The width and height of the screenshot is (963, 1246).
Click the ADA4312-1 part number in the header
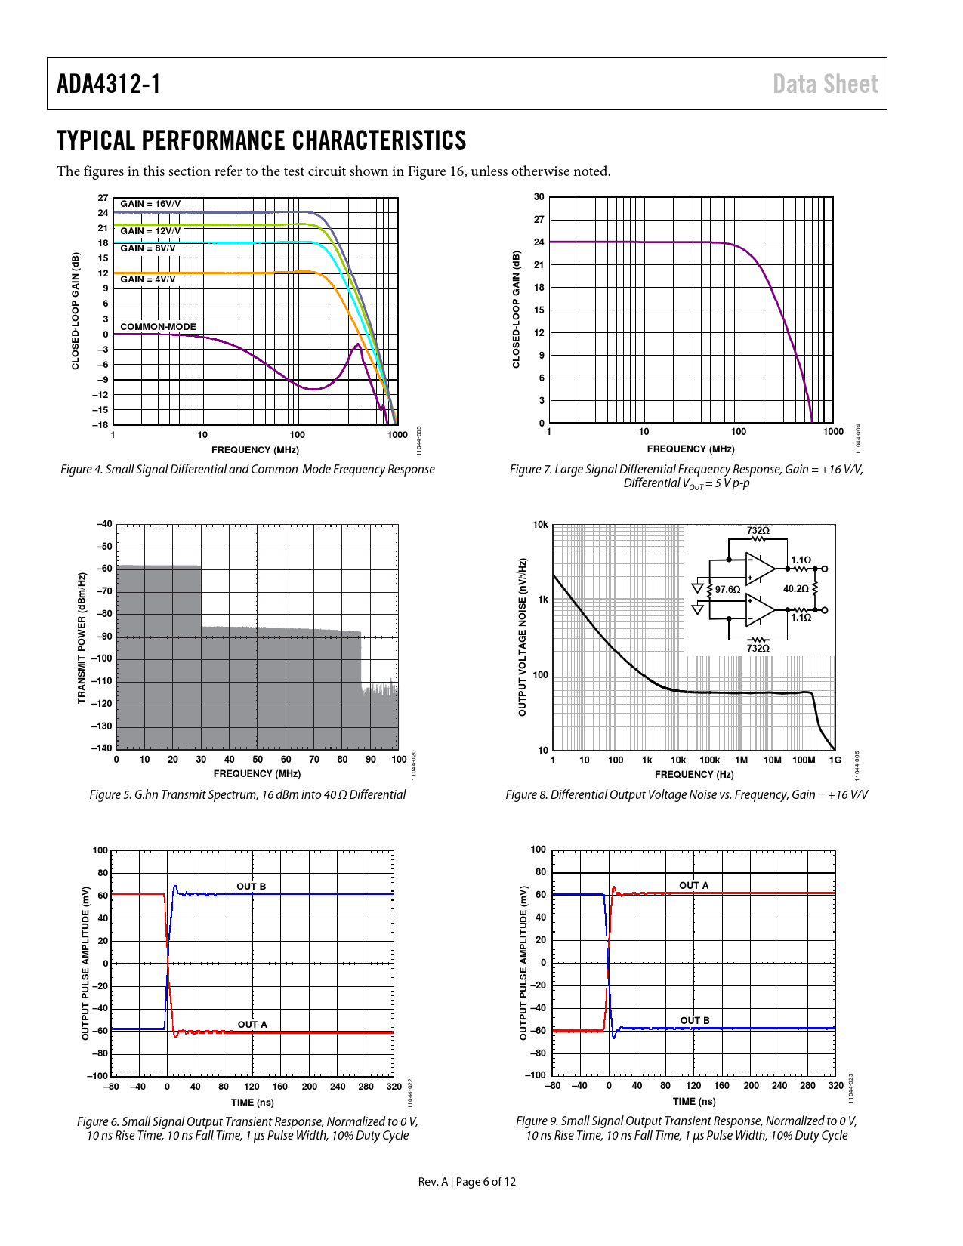pyautogui.click(x=109, y=84)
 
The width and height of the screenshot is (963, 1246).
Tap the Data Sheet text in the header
pyautogui.click(x=825, y=84)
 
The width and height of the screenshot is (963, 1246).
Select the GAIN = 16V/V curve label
pyautogui.click(x=150, y=204)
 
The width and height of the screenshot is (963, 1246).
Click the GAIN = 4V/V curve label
pyautogui.click(x=148, y=279)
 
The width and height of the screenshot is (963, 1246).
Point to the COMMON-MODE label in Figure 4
pyautogui.click(x=158, y=327)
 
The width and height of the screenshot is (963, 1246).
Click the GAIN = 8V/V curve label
pyautogui.click(x=148, y=248)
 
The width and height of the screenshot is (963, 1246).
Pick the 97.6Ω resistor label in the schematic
pyautogui.click(x=727, y=590)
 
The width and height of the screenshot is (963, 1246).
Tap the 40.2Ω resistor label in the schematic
pyautogui.click(x=796, y=589)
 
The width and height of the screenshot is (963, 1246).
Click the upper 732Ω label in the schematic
pyautogui.click(x=758, y=531)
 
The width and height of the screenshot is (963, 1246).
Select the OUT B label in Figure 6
pyautogui.click(x=251, y=887)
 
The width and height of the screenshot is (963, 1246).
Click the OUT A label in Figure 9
pyautogui.click(x=693, y=886)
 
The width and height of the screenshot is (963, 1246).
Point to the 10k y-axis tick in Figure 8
pyautogui.click(x=541, y=525)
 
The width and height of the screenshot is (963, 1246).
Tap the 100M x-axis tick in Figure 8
pyautogui.click(x=804, y=760)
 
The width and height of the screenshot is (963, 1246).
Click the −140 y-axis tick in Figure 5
pyautogui.click(x=102, y=748)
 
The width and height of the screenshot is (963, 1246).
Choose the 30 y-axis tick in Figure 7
pyautogui.click(x=539, y=197)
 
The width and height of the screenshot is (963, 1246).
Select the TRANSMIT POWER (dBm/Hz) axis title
pyautogui.click(x=82, y=638)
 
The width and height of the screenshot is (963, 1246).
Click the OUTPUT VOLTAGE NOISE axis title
pyautogui.click(x=522, y=637)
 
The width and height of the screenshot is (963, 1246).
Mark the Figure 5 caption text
pyautogui.click(x=247, y=794)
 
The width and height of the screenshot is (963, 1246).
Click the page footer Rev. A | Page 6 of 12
pyautogui.click(x=467, y=1182)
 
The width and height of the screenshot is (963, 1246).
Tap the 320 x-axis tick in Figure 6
pyautogui.click(x=394, y=1087)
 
